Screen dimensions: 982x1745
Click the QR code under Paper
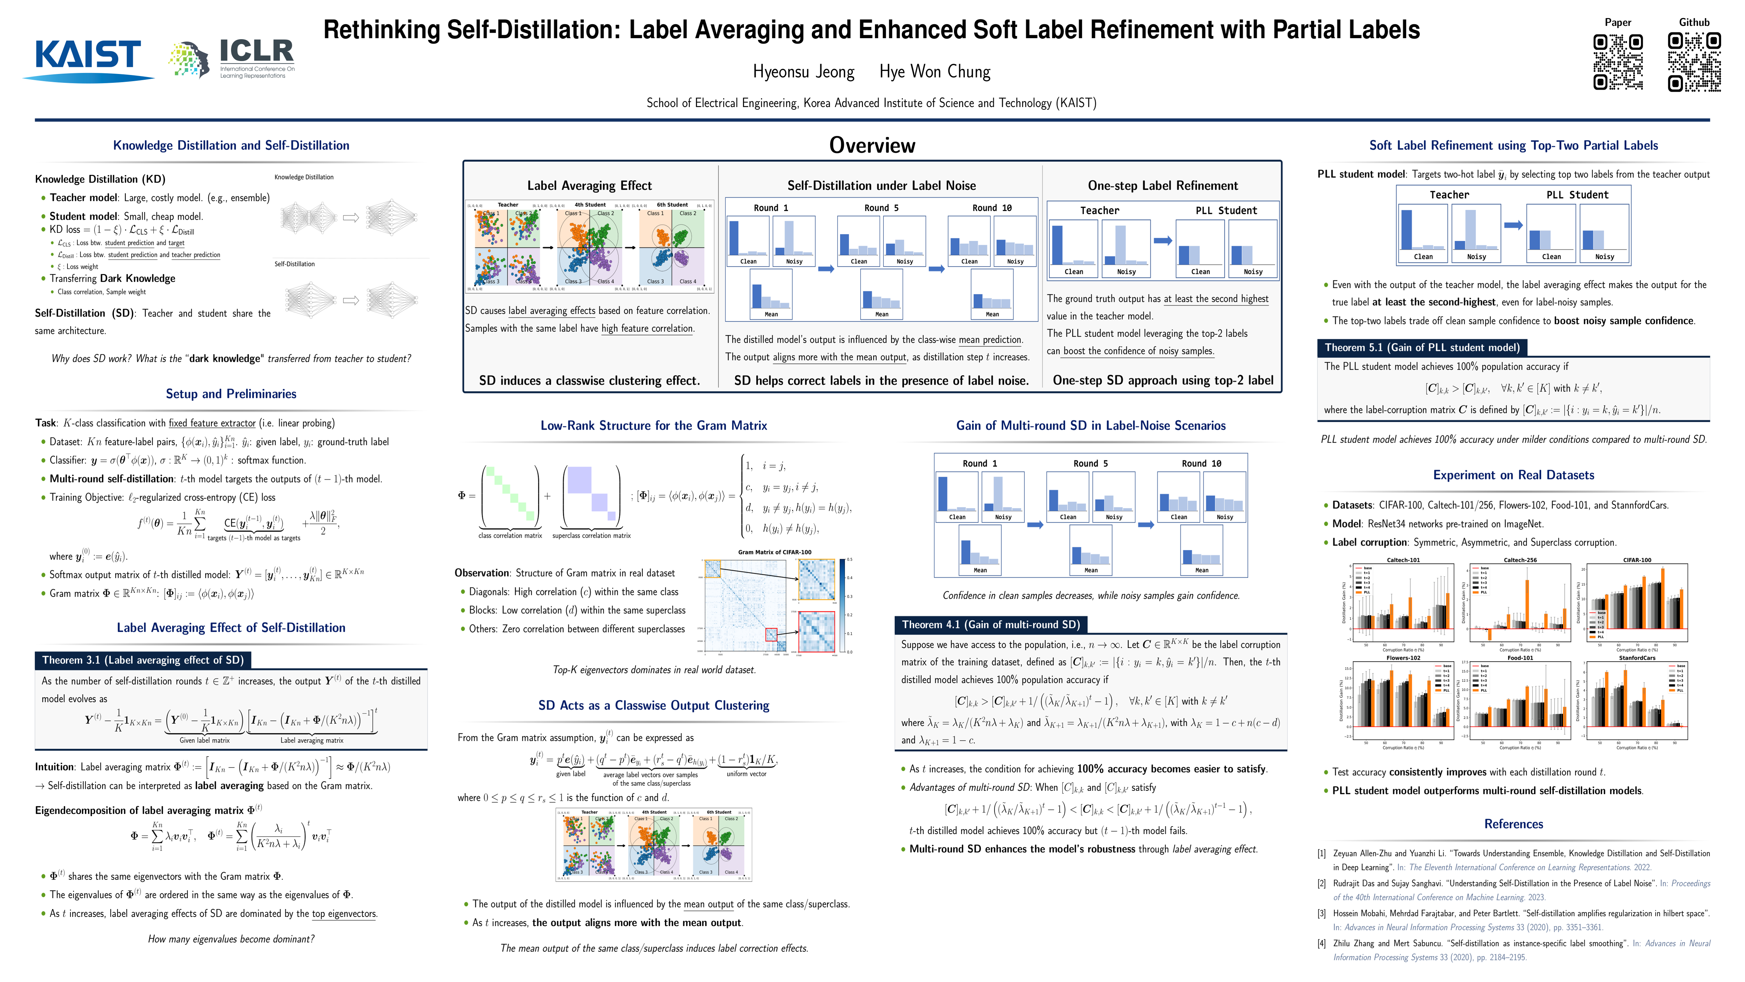tap(1617, 62)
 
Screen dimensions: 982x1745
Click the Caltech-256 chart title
tap(1520, 560)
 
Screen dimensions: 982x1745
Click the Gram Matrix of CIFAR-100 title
tap(774, 552)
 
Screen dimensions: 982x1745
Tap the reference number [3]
tap(1321, 913)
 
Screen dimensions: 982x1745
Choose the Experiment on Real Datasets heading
tap(1513, 475)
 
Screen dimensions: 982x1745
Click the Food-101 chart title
tap(1520, 658)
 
